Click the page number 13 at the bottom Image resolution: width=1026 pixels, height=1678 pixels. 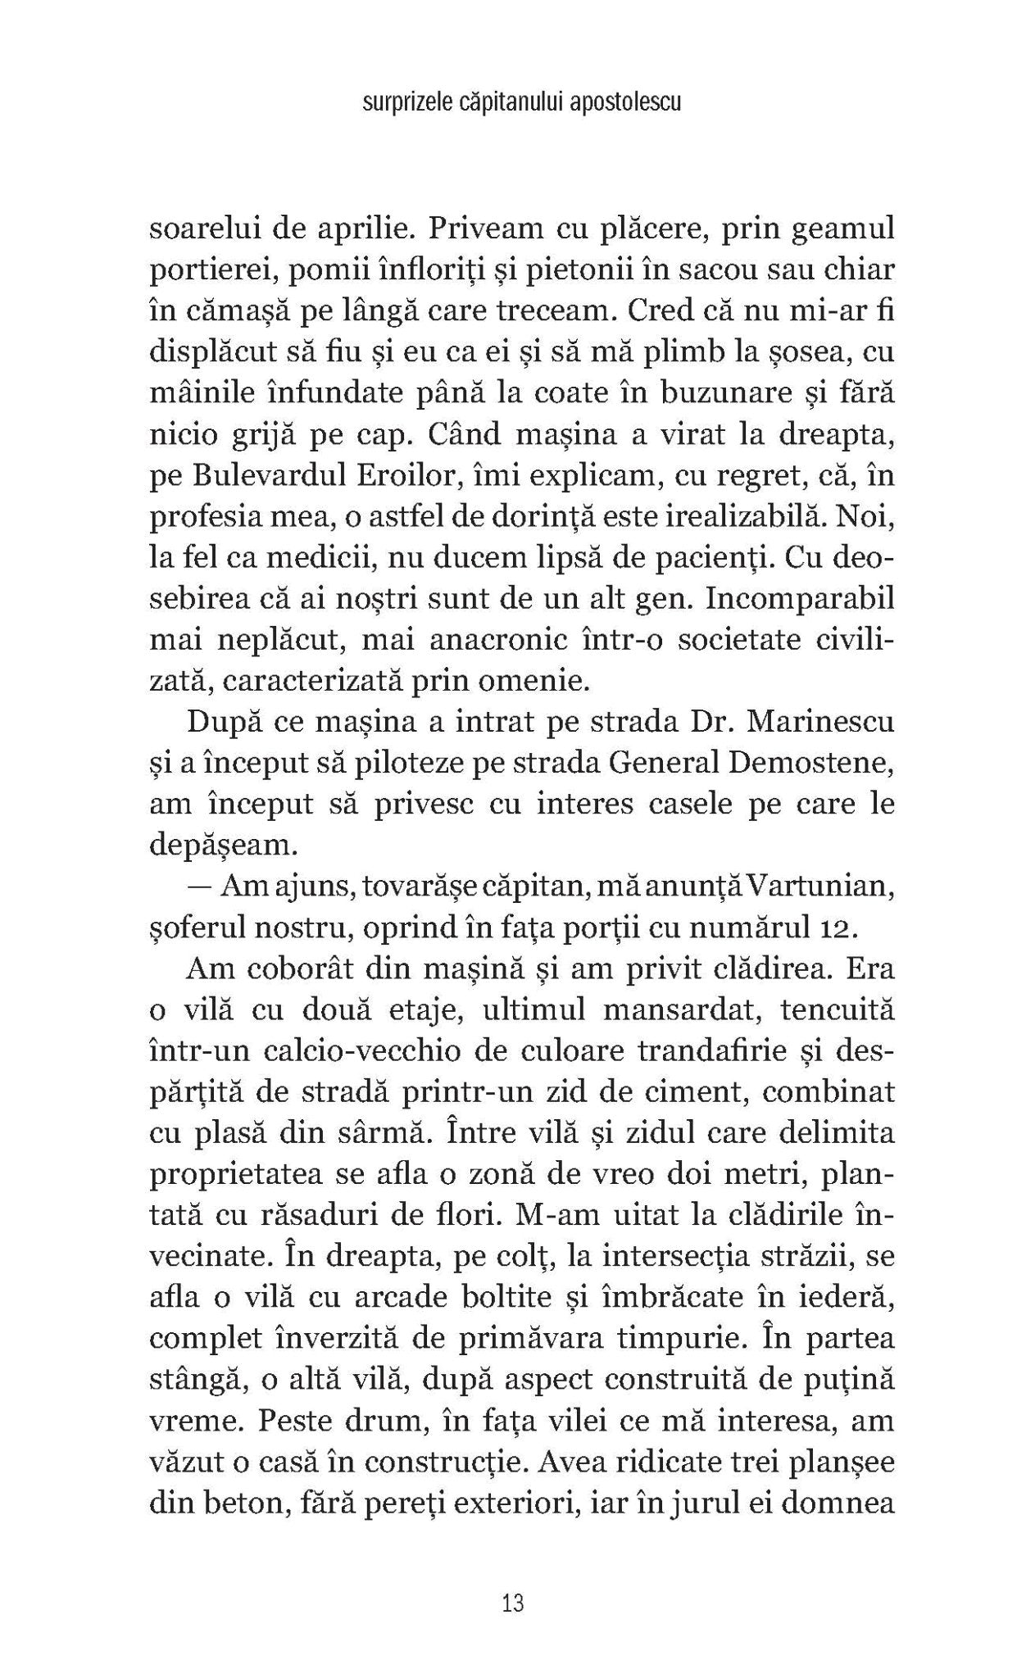pyautogui.click(x=513, y=1603)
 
